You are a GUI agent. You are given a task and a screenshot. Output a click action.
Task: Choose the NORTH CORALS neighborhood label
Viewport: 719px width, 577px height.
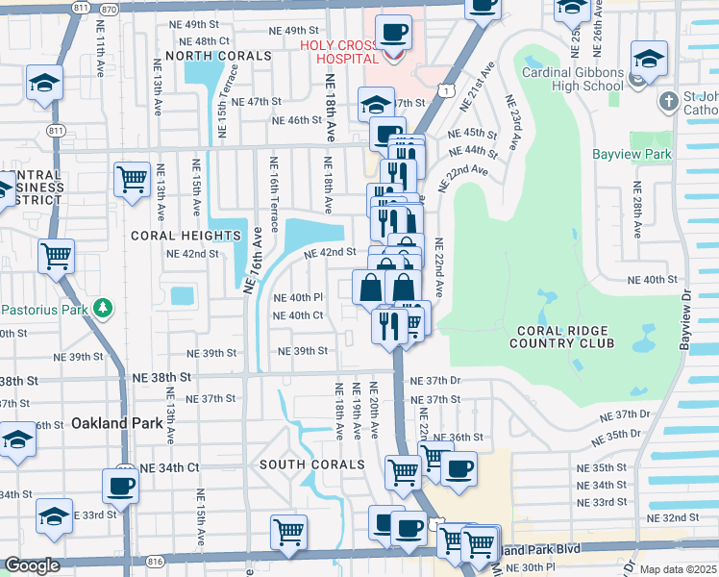[x=218, y=56]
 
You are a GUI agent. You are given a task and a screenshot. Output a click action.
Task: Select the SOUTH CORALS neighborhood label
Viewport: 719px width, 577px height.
[x=311, y=464]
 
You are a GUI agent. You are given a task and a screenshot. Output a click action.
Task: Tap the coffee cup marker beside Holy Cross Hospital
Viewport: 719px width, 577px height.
[x=392, y=34]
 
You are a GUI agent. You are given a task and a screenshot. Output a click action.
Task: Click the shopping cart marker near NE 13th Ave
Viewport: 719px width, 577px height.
[x=131, y=177]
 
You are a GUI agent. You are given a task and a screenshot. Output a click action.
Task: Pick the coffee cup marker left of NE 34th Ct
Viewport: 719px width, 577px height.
[x=120, y=486]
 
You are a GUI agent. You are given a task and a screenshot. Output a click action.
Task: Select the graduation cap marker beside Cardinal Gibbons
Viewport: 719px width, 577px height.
[x=650, y=60]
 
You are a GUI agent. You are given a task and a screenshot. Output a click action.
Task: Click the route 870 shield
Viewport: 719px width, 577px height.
[x=112, y=8]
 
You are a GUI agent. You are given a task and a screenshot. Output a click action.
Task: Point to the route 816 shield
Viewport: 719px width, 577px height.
[x=156, y=559]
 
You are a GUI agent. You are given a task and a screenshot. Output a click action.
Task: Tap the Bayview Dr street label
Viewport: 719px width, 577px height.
[x=685, y=317]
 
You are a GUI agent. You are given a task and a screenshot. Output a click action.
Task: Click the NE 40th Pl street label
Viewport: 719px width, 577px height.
[x=298, y=298]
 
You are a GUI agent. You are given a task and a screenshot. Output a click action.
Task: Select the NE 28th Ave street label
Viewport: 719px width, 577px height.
[x=634, y=210]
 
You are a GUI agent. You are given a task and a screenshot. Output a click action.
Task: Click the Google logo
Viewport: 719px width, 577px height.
[x=32, y=565]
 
